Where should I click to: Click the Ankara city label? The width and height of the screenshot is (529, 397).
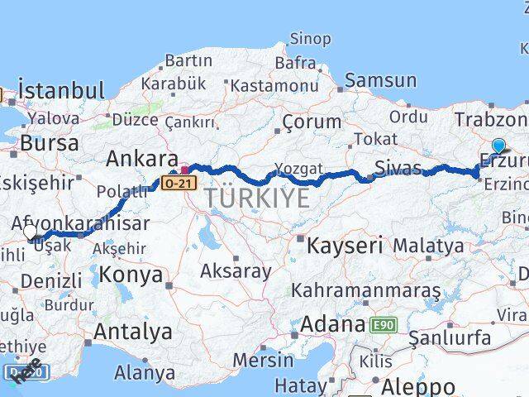coord(141,158)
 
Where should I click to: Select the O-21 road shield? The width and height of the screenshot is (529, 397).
coord(179,181)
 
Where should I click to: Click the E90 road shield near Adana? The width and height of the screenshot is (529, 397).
coord(383,325)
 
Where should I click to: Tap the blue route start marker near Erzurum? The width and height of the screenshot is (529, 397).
coord(498,146)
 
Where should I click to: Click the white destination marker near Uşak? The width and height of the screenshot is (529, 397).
coord(31,233)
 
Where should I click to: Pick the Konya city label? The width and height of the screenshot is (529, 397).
coord(131,275)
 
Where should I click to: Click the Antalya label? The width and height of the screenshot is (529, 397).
coord(133,332)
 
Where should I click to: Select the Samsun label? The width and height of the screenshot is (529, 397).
coord(380,80)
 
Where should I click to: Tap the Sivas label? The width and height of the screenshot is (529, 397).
coord(398,169)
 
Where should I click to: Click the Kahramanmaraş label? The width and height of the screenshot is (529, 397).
coord(366,291)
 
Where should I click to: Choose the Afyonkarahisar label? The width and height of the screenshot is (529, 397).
coord(81,222)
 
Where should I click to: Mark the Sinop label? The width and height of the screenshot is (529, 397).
coord(311,39)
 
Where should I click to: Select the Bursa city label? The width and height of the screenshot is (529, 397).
coord(49,142)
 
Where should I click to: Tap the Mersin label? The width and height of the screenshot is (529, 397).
coord(263,360)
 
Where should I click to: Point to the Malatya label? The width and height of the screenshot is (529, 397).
coord(428,246)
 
